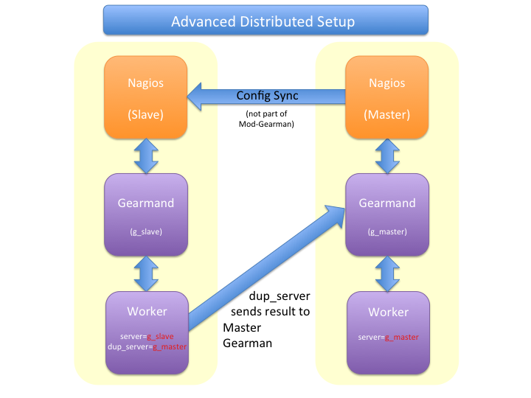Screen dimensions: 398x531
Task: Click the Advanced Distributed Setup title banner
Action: (x=265, y=21)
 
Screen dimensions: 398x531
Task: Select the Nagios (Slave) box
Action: (x=145, y=99)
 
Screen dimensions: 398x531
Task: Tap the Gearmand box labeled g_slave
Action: (x=145, y=214)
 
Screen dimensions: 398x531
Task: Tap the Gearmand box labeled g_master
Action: (x=387, y=214)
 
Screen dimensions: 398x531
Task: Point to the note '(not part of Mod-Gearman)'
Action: (x=268, y=119)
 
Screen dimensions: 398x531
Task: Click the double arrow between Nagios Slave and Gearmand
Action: (x=145, y=156)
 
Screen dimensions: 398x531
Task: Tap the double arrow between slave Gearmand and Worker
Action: (x=145, y=273)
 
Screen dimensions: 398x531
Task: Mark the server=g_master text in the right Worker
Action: (x=388, y=336)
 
